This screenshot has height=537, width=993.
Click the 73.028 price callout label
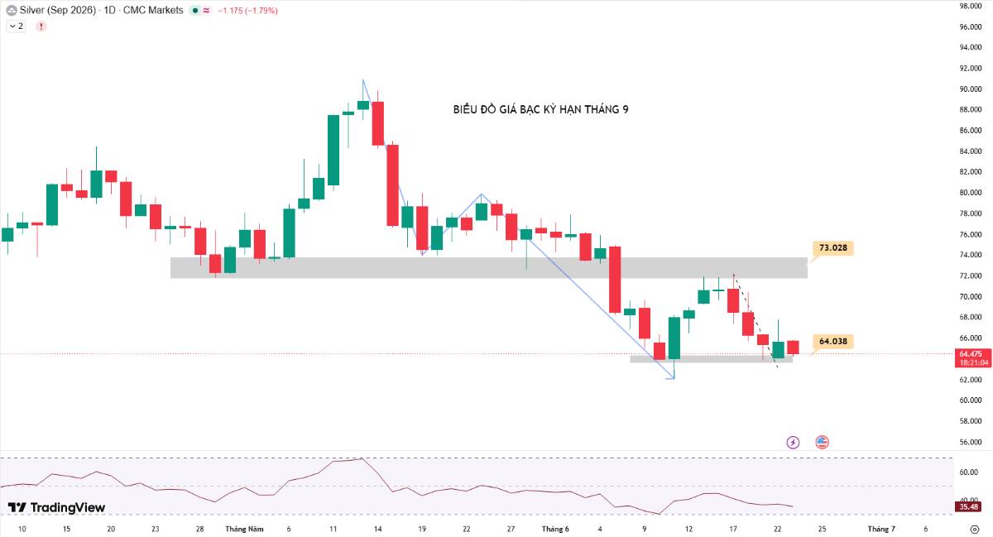tap(833, 248)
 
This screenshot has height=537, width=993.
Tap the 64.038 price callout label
tap(833, 342)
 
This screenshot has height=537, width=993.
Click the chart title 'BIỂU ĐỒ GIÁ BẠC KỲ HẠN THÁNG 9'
tap(540, 109)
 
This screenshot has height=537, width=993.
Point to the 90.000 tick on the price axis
tap(971, 89)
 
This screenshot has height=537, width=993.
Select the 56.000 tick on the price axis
tap(971, 442)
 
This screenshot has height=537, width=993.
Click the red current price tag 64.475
tap(973, 358)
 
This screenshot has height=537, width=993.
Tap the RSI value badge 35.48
tap(968, 507)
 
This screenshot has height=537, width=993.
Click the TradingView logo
tap(56, 507)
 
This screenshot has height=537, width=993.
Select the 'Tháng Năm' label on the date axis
tap(244, 529)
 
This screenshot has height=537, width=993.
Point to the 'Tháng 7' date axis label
tap(881, 529)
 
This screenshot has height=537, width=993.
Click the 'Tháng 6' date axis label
tap(555, 529)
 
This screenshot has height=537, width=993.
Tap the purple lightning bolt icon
tap(793, 442)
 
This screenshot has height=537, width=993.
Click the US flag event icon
tap(822, 442)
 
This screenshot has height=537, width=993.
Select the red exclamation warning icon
tap(41, 26)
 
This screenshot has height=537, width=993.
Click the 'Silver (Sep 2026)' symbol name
tap(58, 10)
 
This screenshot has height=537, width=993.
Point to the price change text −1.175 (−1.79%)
tap(247, 10)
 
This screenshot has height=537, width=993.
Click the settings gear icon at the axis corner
tap(975, 529)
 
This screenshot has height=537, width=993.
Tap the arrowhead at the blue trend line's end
tap(674, 378)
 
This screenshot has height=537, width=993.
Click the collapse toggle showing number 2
tap(16, 26)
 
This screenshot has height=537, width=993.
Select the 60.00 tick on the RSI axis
tap(968, 472)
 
